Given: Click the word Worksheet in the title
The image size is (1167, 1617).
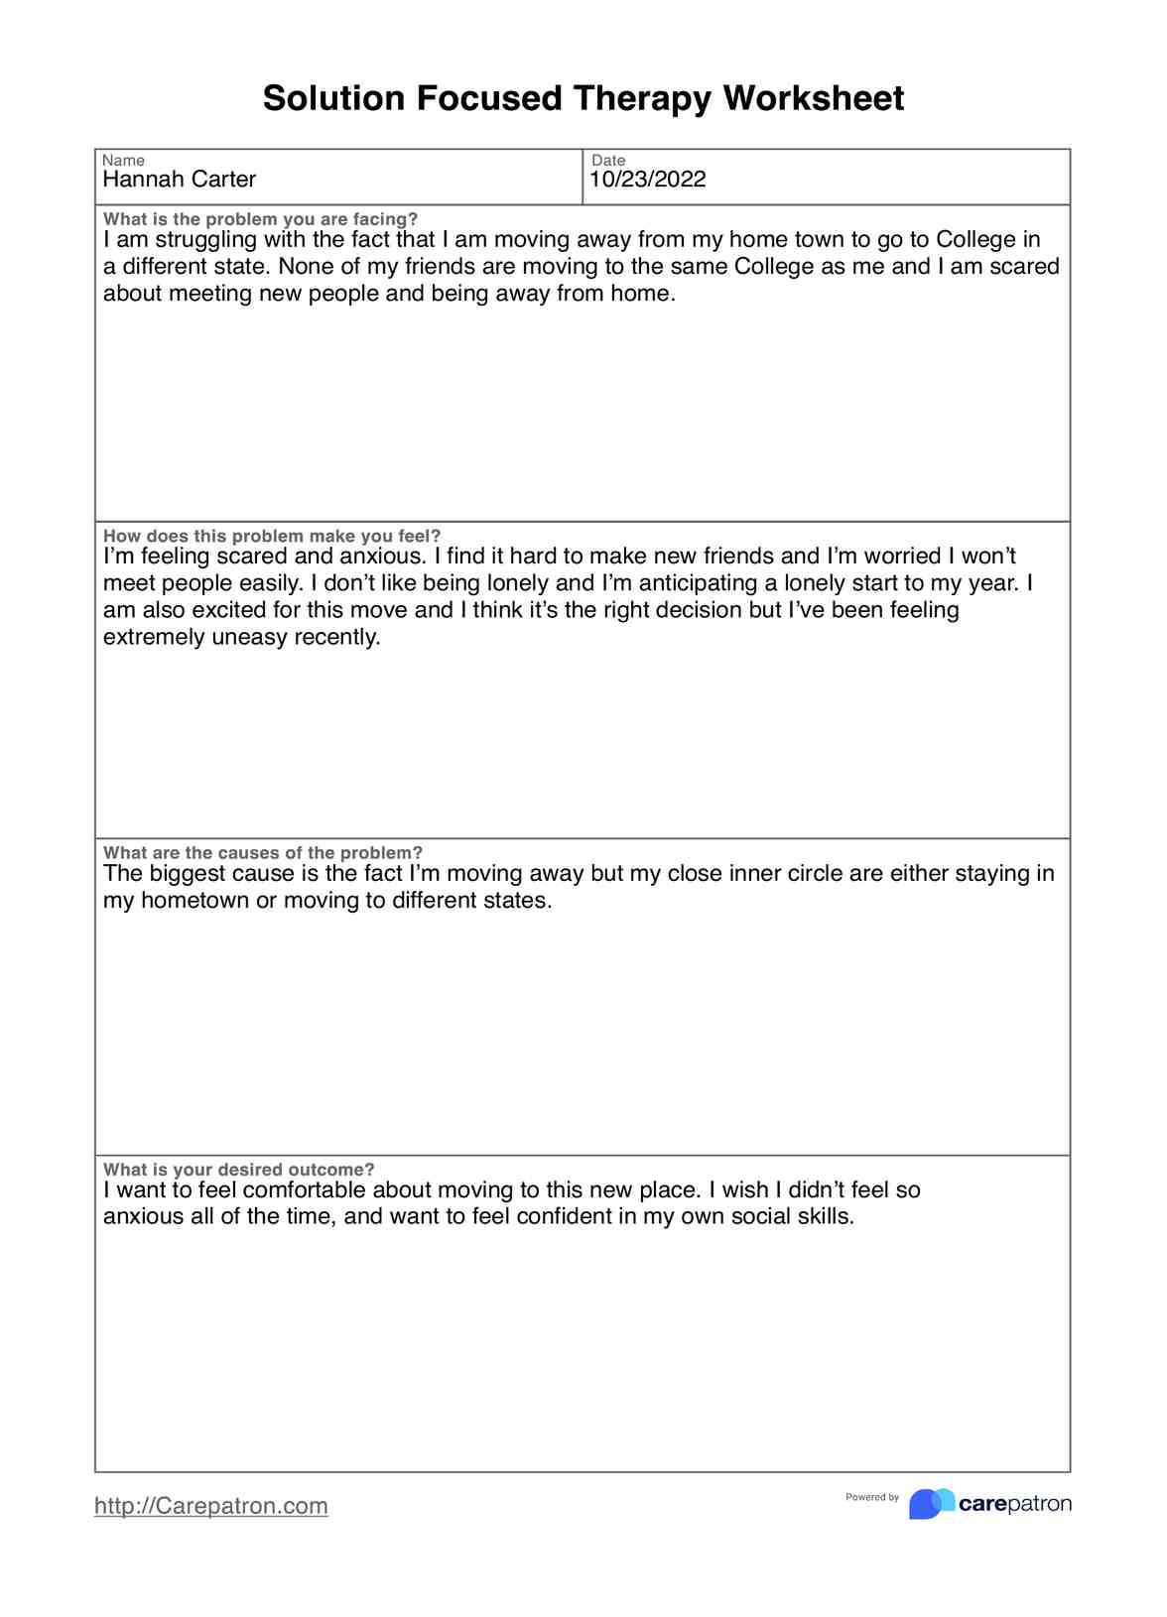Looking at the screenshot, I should pos(813,98).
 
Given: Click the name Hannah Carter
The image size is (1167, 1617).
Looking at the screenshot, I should pos(180,180).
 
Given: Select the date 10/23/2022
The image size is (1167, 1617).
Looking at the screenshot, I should pos(647,180).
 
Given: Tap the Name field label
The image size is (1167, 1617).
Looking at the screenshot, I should pos(123,161).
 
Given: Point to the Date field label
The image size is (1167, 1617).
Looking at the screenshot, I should pos(608,161).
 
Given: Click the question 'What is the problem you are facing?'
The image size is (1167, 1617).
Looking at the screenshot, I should pos(260,219).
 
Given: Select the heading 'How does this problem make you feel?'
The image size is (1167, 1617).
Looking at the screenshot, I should pos(272,536).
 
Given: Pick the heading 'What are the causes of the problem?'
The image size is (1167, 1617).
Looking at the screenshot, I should pos(263,853).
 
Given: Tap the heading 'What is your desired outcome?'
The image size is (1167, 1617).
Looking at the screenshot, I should pos(239,1170).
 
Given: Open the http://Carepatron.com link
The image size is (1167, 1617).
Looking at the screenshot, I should pos(211,1506).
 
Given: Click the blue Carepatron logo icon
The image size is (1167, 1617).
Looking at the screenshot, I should pos(931,1503).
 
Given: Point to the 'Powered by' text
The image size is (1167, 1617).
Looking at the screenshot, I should pos(872,1497).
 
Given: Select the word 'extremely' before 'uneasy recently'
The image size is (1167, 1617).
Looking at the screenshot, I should pos(154,637).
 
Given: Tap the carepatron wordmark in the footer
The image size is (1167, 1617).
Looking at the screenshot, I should pos(1015,1504).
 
